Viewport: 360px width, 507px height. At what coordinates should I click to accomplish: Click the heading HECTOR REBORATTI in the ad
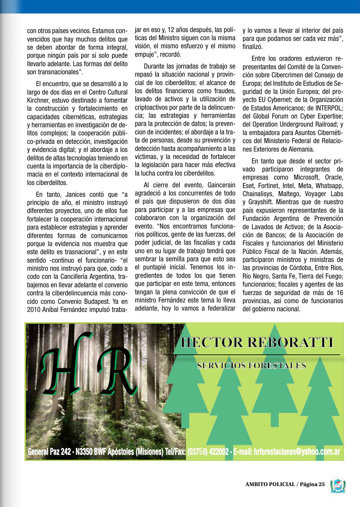(x=257, y=343)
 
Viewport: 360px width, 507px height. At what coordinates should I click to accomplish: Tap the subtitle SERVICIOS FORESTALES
(x=252, y=366)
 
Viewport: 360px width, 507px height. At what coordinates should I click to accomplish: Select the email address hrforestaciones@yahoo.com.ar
(x=286, y=452)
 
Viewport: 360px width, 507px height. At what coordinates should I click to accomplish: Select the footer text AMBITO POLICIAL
(x=270, y=484)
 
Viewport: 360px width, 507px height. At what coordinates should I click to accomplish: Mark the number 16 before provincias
(x=339, y=293)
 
